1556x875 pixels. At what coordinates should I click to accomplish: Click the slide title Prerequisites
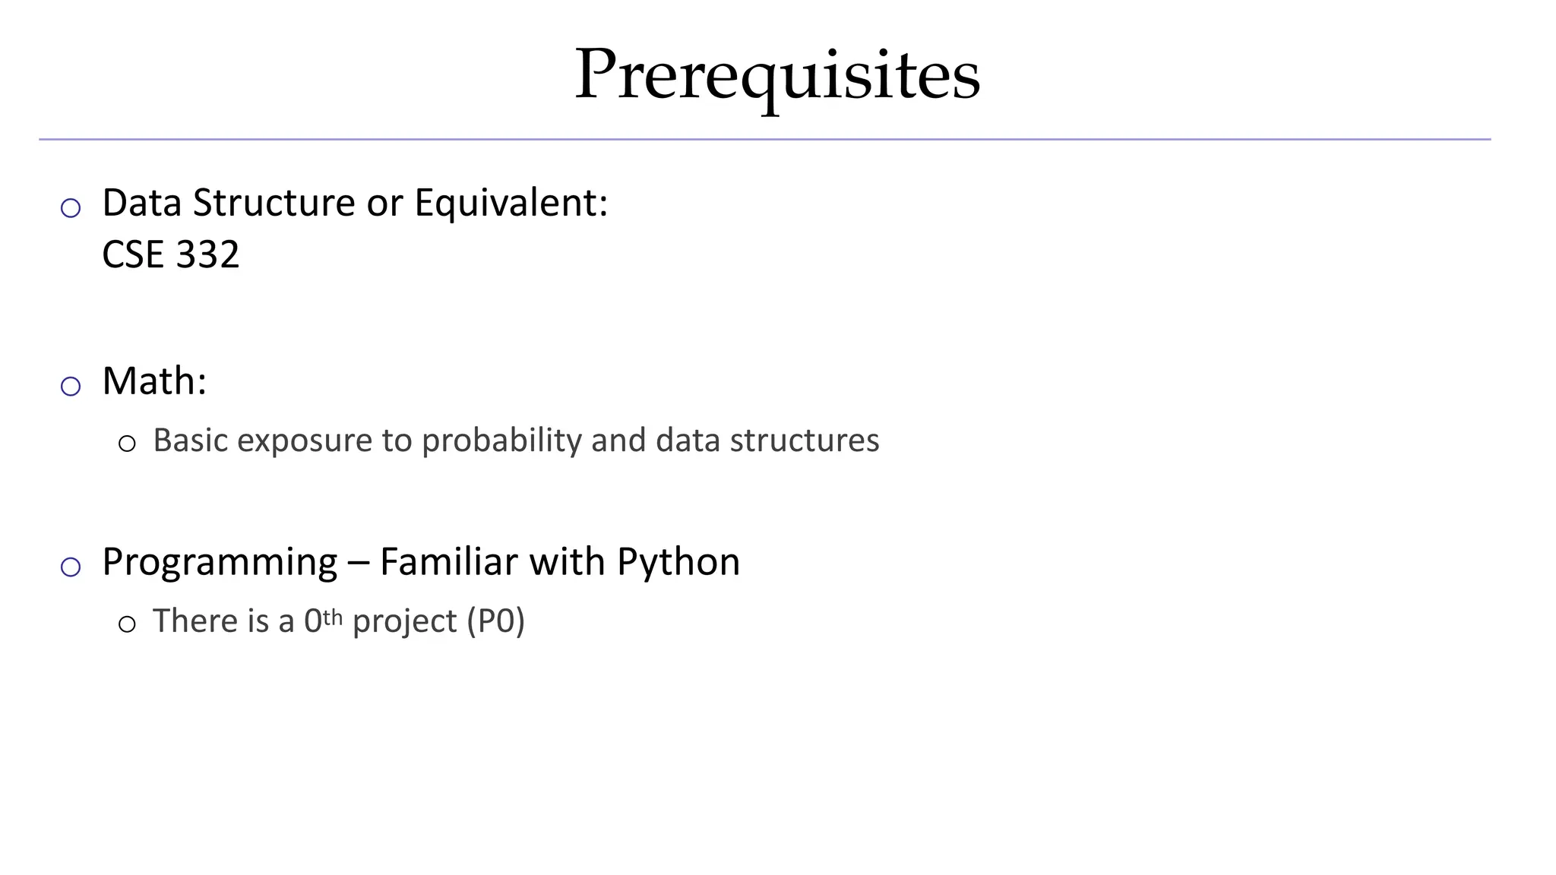(777, 75)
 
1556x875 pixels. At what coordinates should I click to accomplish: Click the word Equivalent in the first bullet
(510, 203)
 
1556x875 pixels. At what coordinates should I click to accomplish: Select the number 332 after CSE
(207, 254)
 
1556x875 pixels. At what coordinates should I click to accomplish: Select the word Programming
(220, 562)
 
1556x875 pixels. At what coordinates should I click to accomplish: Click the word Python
(678, 562)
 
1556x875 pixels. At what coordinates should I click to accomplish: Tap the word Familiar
(449, 562)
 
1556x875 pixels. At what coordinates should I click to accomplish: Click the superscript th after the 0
(333, 616)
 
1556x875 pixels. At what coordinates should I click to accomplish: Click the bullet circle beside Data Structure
(71, 207)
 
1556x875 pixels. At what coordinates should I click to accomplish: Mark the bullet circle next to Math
(71, 386)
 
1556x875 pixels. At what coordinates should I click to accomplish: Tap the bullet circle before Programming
(71, 567)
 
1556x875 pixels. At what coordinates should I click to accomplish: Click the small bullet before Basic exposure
(127, 444)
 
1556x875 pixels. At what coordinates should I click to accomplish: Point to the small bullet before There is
(127, 624)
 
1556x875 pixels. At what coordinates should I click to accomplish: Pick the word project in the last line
(405, 621)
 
